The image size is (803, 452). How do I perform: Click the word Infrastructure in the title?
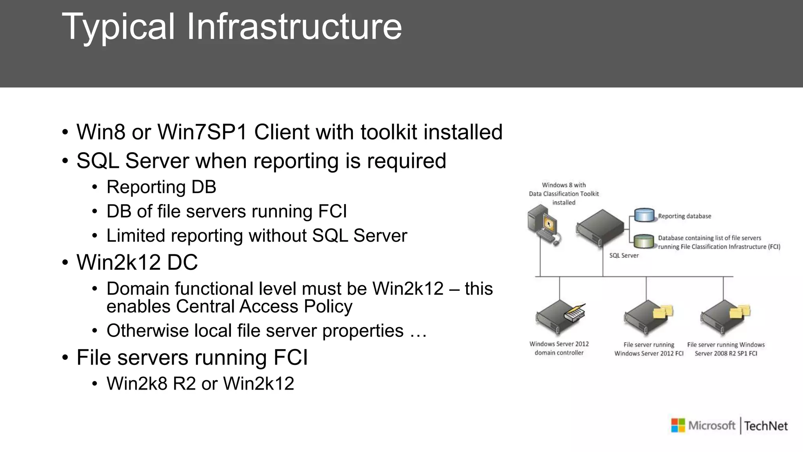pyautogui.click(x=294, y=27)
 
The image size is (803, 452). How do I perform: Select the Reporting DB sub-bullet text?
pyautogui.click(x=161, y=187)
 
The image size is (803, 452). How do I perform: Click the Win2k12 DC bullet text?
pyautogui.click(x=137, y=262)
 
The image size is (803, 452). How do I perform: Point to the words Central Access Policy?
pyautogui.click(x=264, y=306)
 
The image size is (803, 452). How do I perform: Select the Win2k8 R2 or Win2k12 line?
pyautogui.click(x=200, y=383)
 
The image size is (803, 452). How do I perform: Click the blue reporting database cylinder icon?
pyautogui.click(x=644, y=215)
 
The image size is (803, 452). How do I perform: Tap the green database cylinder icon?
pyautogui.click(x=644, y=241)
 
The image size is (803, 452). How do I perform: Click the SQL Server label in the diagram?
pyautogui.click(x=624, y=255)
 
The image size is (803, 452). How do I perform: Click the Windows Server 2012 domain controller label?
pyautogui.click(x=559, y=348)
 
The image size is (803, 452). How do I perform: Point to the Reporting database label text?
pyautogui.click(x=684, y=216)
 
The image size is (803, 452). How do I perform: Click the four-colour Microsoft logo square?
pyautogui.click(x=678, y=426)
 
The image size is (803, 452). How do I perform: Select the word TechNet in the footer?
pyautogui.click(x=766, y=426)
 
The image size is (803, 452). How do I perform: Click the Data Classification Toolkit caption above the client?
pyautogui.click(x=564, y=194)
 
